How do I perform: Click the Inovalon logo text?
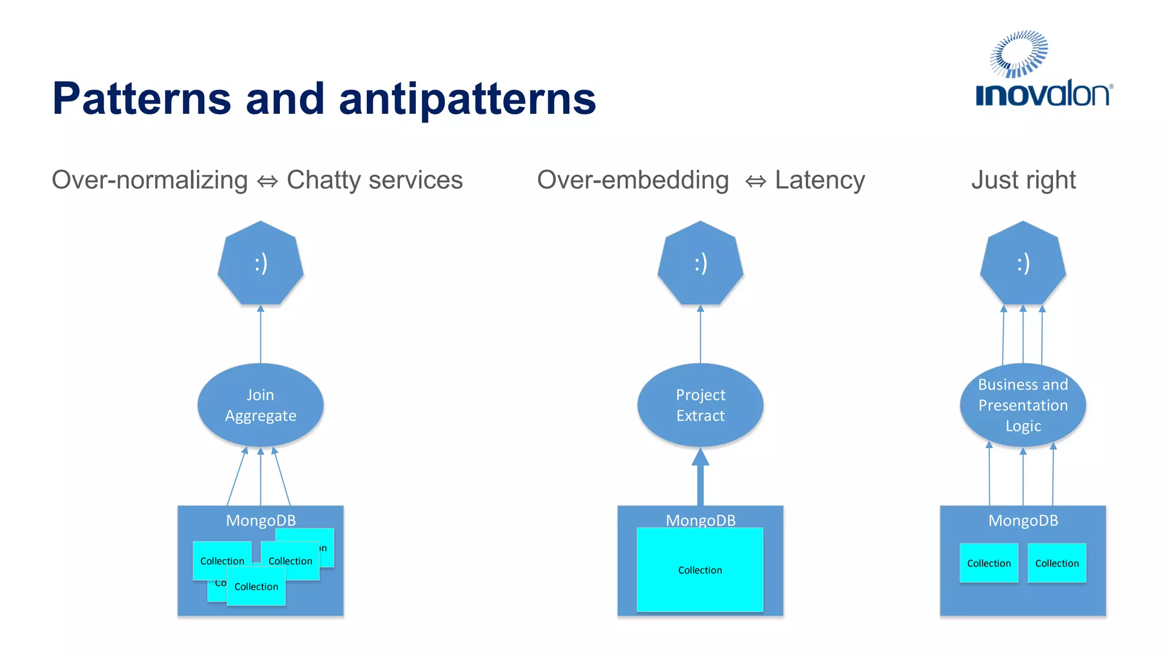[1043, 95]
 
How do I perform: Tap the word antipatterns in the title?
[467, 99]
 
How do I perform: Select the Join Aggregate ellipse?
[261, 405]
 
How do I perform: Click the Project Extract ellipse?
[700, 405]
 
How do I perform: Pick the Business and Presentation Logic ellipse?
[1023, 405]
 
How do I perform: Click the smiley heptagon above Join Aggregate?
[261, 264]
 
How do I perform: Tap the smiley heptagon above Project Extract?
[700, 264]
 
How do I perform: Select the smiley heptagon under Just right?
[1023, 264]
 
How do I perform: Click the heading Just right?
[1023, 180]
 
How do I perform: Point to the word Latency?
[820, 180]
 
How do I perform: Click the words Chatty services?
[374, 180]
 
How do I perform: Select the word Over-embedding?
[633, 180]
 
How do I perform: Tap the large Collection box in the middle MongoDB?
[700, 569]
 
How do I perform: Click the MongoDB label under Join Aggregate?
[261, 520]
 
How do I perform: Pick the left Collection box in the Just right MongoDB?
[989, 563]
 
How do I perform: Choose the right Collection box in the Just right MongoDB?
[1057, 563]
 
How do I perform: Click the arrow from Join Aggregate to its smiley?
[261, 336]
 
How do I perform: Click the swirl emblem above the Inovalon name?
[1019, 54]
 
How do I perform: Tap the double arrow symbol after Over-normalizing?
[267, 182]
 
